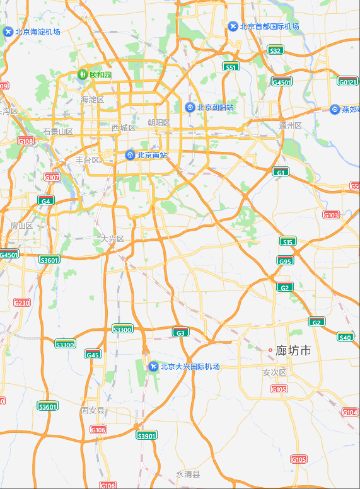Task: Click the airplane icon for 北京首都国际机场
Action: (233, 26)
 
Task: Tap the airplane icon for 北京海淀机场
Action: (8, 32)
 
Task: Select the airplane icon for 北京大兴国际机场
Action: (153, 366)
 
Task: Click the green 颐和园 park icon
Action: (82, 74)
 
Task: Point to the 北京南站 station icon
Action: (130, 154)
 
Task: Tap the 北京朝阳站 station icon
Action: (190, 107)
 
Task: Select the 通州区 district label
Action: (290, 125)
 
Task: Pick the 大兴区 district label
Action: (112, 239)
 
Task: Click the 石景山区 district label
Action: (58, 132)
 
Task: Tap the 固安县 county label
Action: (93, 410)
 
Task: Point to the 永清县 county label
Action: (187, 474)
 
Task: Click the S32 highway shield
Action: (275, 50)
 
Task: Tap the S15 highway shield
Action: (288, 241)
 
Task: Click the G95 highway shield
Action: (285, 261)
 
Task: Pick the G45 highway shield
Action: (93, 354)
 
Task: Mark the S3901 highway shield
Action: (147, 435)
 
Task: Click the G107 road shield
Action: (52, 177)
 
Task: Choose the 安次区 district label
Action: (274, 372)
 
